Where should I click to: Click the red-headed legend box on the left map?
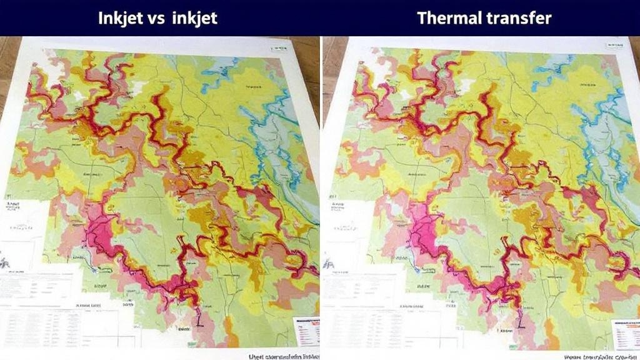coord(306,331)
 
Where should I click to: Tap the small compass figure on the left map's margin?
coord(6,262)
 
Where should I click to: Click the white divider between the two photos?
coord(320,187)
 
